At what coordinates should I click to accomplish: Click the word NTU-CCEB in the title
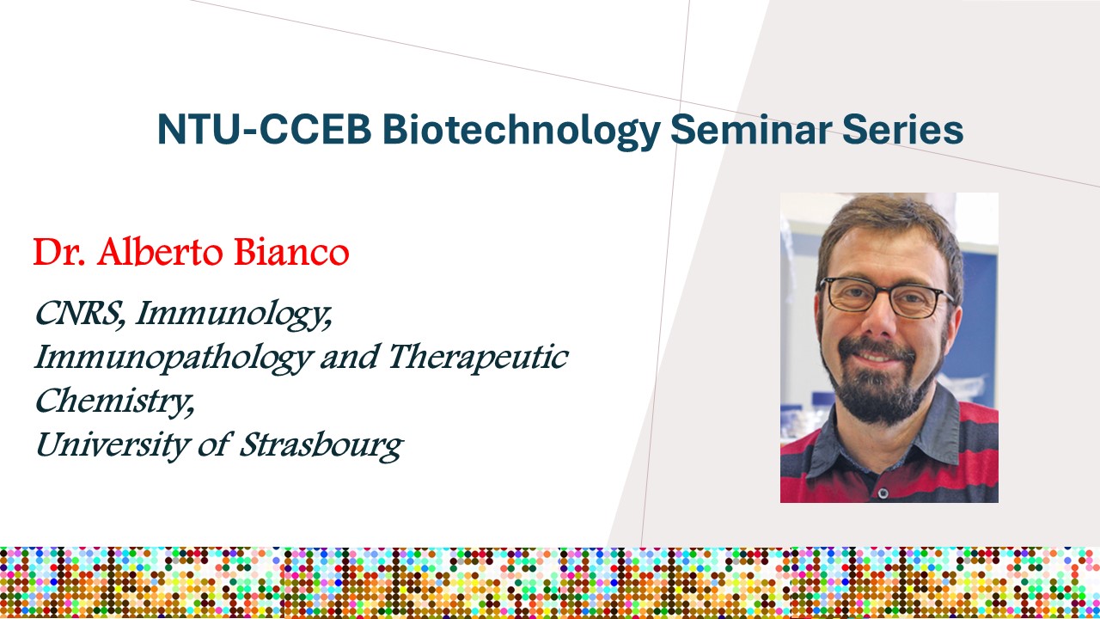(x=264, y=129)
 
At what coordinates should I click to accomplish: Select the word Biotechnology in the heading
(x=522, y=132)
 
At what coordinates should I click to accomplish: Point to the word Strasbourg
(x=321, y=447)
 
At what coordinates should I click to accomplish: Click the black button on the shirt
(x=883, y=492)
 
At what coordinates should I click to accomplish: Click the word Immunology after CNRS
(x=234, y=315)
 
